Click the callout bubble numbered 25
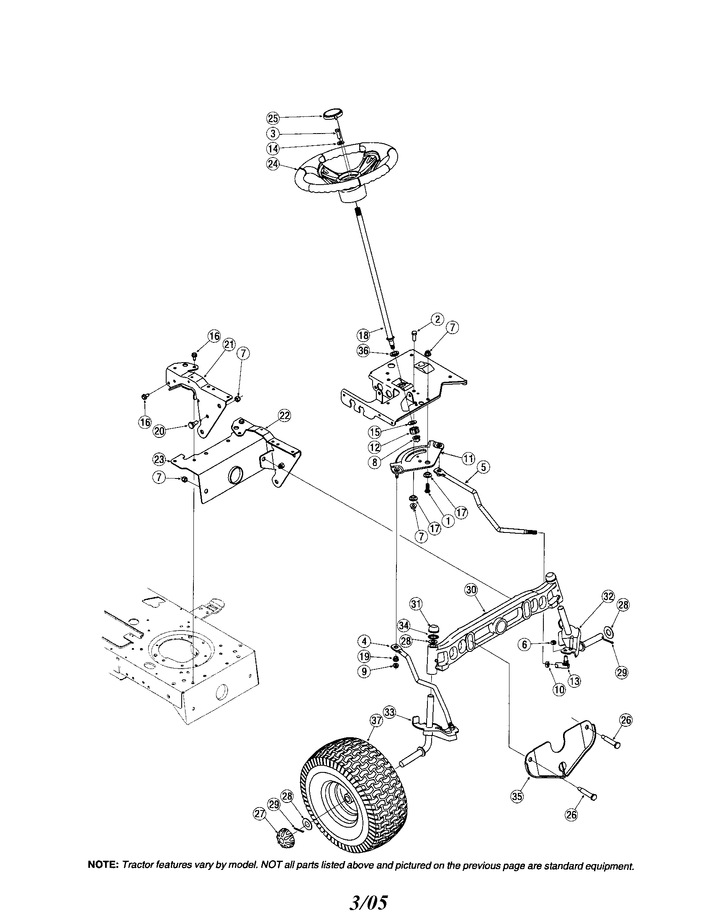(x=273, y=118)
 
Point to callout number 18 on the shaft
(x=363, y=335)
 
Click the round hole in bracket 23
(x=235, y=476)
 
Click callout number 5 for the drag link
(x=484, y=467)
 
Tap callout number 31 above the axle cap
(x=416, y=604)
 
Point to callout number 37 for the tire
(x=376, y=721)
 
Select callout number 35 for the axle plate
(x=517, y=796)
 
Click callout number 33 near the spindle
(x=390, y=712)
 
